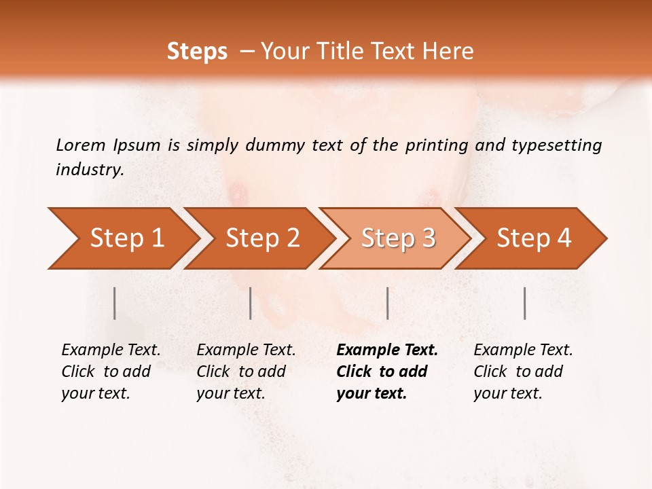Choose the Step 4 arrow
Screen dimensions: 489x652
534,238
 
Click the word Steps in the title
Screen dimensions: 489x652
197,51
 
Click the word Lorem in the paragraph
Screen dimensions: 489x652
80,145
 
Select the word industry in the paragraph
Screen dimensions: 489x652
90,170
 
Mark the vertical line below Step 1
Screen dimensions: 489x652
115,303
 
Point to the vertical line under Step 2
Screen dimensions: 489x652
251,303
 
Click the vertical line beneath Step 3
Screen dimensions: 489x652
387,303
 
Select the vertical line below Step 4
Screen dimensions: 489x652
524,303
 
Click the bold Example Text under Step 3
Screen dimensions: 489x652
387,350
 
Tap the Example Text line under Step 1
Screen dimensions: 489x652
111,350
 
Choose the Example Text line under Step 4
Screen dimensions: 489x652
523,350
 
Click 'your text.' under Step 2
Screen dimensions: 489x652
230,393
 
